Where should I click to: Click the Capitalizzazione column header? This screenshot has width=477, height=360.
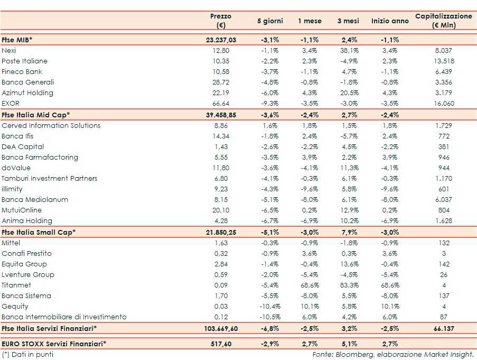point(443,21)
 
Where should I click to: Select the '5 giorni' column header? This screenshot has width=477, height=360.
point(270,21)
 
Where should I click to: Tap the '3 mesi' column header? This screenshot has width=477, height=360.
point(348,21)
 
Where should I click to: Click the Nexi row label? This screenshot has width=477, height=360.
point(9,50)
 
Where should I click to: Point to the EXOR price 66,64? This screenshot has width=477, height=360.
point(220,104)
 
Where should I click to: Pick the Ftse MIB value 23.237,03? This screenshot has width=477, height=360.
point(221,40)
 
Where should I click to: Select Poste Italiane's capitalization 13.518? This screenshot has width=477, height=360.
point(443,61)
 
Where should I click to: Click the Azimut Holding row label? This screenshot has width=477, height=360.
point(27,93)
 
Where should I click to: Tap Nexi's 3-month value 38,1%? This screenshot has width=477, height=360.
point(348,51)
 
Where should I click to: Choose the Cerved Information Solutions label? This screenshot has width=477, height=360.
point(51,125)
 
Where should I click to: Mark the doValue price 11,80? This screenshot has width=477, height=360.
point(220,168)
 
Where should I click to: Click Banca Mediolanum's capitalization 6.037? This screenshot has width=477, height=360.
point(443,200)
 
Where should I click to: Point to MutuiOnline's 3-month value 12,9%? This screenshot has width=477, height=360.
point(348,210)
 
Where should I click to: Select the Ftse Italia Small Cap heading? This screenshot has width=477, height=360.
point(38,232)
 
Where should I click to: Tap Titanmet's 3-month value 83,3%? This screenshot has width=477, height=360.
point(348,285)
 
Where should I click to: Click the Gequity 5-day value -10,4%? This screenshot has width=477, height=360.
point(269,307)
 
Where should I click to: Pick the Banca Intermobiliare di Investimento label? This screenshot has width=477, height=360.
point(64,317)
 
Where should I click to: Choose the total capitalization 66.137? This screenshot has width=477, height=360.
point(443,328)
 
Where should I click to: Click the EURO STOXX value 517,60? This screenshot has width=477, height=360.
point(220,344)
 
